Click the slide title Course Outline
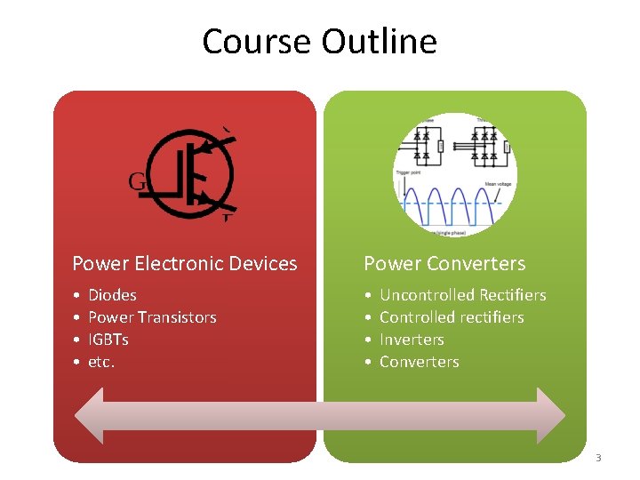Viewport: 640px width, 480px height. [319, 42]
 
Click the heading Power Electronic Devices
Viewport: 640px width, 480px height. [185, 263]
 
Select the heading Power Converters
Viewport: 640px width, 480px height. [444, 263]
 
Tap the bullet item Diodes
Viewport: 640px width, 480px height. [112, 295]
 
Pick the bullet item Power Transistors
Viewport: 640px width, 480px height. [152, 317]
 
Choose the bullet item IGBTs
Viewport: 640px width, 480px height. [108, 340]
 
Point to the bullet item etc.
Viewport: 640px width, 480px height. [101, 362]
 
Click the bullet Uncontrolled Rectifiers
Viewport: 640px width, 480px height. [462, 295]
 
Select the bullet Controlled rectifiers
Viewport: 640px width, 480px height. [452, 317]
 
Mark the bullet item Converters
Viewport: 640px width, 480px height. [419, 362]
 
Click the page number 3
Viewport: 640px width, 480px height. [598, 458]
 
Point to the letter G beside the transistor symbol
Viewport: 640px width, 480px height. [137, 181]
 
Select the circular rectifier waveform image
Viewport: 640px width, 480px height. [454, 174]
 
